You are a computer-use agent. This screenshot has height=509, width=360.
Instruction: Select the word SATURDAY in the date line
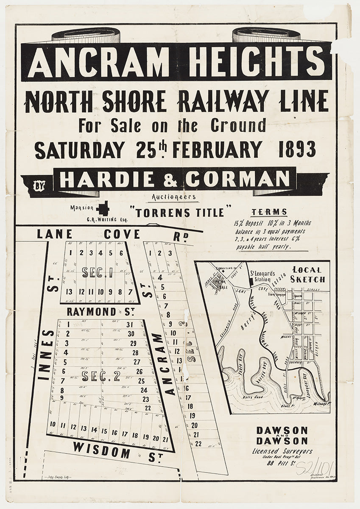pyautogui.click(x=80, y=150)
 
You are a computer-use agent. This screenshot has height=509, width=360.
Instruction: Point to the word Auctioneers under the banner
pyautogui.click(x=173, y=197)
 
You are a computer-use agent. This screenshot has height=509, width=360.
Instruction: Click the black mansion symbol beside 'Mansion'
pyautogui.click(x=103, y=208)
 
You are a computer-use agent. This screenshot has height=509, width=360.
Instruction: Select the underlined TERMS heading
pyautogui.click(x=269, y=213)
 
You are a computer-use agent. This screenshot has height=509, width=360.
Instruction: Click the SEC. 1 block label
pyautogui.click(x=97, y=272)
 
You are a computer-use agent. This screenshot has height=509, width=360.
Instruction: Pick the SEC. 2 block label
pyautogui.click(x=100, y=376)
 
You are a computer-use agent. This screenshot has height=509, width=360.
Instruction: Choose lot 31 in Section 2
pyautogui.click(x=130, y=324)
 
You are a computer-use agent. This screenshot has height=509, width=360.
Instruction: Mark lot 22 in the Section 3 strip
pyautogui.click(x=198, y=443)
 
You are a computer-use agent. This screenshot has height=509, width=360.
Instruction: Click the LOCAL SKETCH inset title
pyautogui.click(x=307, y=274)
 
